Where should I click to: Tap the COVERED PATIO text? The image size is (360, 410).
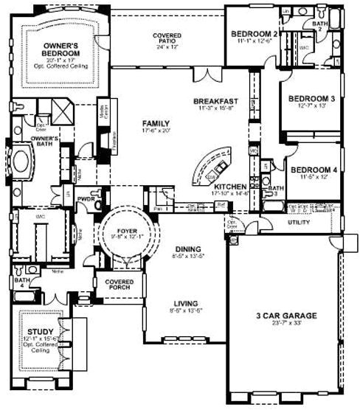pos(167,36)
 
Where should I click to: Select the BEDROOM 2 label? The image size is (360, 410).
pos(254,34)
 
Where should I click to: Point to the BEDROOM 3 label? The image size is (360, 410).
pos(311,99)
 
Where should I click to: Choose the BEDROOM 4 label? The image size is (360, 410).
pos(313,170)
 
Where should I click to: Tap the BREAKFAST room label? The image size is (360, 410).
pos(215,101)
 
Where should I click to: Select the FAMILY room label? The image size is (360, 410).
pos(156,123)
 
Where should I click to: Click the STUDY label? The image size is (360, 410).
pos(36,331)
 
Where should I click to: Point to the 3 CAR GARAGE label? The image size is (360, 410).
pos(288,316)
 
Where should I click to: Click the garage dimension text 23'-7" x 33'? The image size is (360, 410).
pos(288,323)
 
